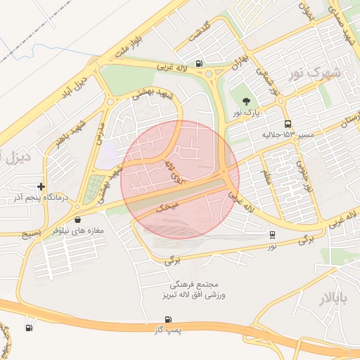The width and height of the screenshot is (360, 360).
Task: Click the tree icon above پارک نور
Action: pyautogui.click(x=245, y=101)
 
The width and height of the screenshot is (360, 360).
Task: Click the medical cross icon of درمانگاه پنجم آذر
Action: pyautogui.click(x=42, y=187)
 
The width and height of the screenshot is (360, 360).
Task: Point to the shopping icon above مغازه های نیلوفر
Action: pyautogui.click(x=77, y=219)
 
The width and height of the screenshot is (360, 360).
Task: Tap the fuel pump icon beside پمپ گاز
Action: pyautogui.click(x=29, y=327)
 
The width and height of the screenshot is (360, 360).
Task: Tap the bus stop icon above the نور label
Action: pyautogui.click(x=272, y=235)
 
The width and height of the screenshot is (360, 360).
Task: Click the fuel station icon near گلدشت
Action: pyautogui.click(x=200, y=64)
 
